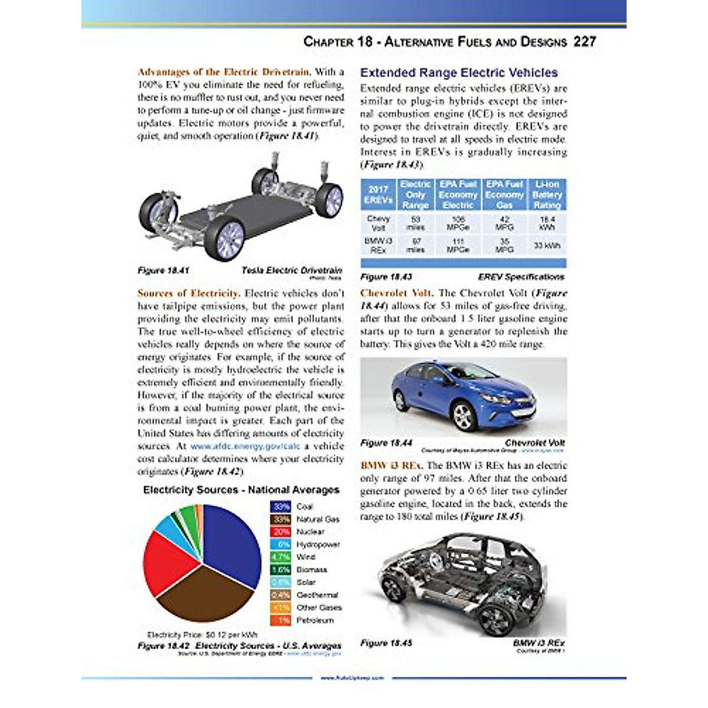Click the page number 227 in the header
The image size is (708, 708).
click(x=584, y=42)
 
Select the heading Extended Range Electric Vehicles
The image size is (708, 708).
click(x=458, y=73)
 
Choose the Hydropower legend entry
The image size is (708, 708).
click(x=317, y=545)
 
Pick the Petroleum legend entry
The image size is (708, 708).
click(x=314, y=621)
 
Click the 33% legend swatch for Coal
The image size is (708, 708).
click(x=280, y=507)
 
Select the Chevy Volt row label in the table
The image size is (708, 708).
click(x=378, y=223)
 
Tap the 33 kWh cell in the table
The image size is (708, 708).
click(x=546, y=245)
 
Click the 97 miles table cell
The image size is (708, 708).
click(x=415, y=245)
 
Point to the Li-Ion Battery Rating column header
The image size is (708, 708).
click(x=546, y=195)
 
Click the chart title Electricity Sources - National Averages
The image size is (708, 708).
click(x=241, y=490)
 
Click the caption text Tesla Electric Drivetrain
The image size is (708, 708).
click(x=291, y=271)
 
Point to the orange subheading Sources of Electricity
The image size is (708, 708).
click(x=188, y=293)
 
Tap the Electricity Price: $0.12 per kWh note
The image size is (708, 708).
click(x=202, y=635)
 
